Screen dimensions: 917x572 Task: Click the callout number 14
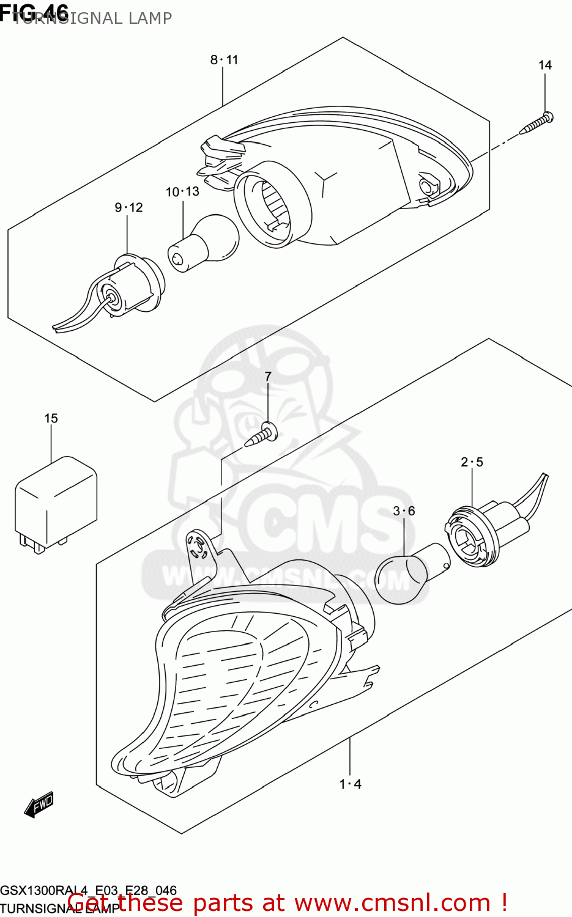544,65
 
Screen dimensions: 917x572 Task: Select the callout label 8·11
224,59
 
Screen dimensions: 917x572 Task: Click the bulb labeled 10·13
205,243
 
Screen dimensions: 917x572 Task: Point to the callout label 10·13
182,191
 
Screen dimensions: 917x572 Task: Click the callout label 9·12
128,207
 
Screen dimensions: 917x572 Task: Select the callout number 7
267,376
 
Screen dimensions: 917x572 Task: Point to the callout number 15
51,418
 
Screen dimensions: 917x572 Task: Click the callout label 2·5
472,462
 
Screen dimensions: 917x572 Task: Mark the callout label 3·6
404,510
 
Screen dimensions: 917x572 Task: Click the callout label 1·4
351,784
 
